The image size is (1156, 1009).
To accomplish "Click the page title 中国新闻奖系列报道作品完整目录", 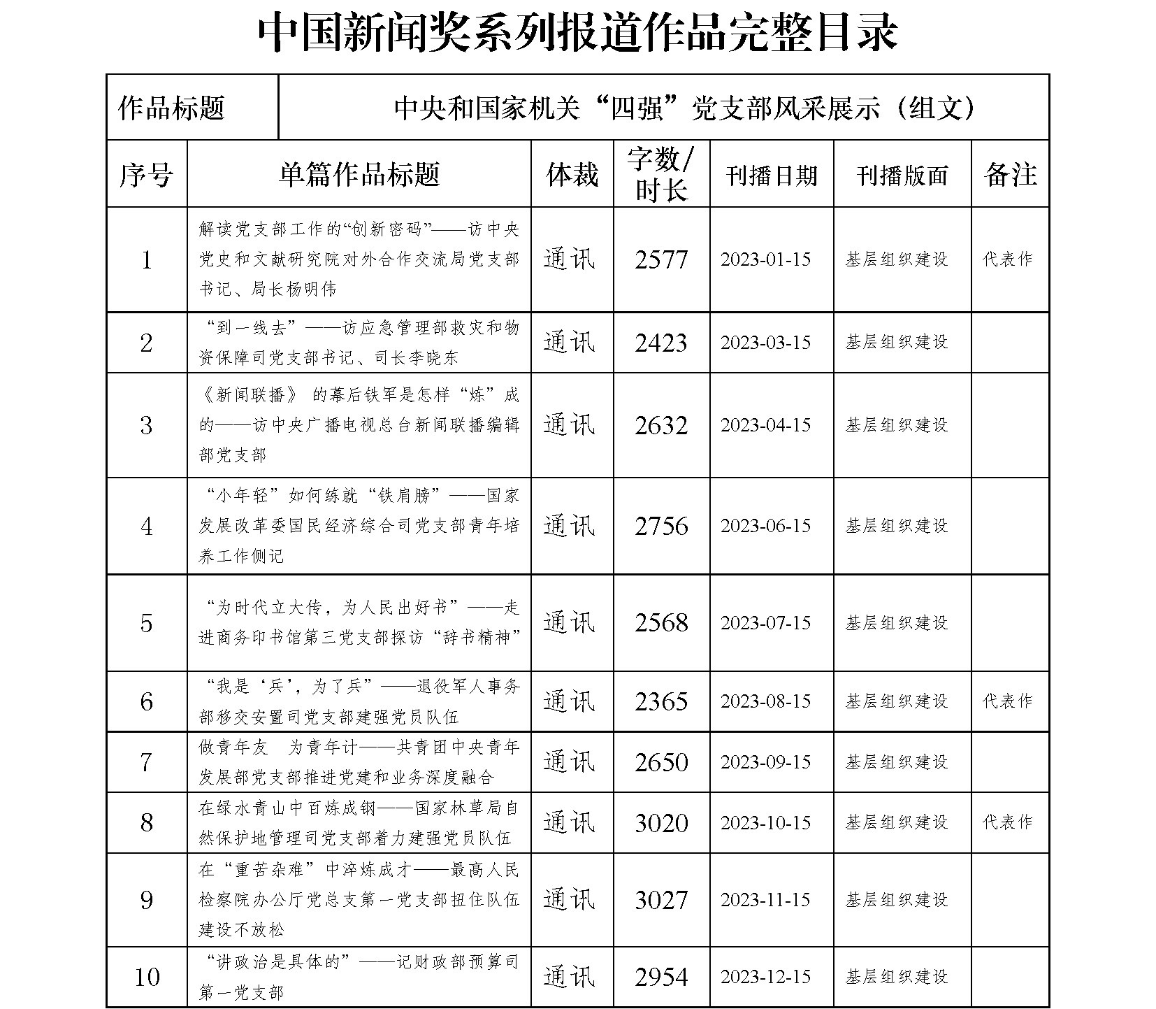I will click(577, 33).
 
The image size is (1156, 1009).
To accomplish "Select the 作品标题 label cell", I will click(171, 108).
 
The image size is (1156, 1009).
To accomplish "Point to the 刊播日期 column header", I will click(772, 175).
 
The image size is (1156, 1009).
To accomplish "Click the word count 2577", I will click(661, 260).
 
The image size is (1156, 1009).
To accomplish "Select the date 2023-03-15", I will click(765, 343).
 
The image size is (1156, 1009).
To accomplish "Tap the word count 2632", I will click(661, 425).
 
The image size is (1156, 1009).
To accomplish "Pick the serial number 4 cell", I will click(146, 527).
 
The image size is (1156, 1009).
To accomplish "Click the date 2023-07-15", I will click(765, 623).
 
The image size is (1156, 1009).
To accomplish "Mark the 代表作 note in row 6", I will click(1007, 701).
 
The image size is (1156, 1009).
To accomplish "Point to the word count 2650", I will click(661, 762).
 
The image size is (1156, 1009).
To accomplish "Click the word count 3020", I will click(661, 823).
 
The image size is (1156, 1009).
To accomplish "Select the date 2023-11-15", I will click(765, 900).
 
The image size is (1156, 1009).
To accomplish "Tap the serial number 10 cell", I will click(146, 977).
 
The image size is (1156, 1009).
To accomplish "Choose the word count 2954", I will click(661, 977).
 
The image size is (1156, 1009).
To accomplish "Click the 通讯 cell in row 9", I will click(569, 900).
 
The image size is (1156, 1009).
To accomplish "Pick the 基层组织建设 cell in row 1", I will click(897, 260).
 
